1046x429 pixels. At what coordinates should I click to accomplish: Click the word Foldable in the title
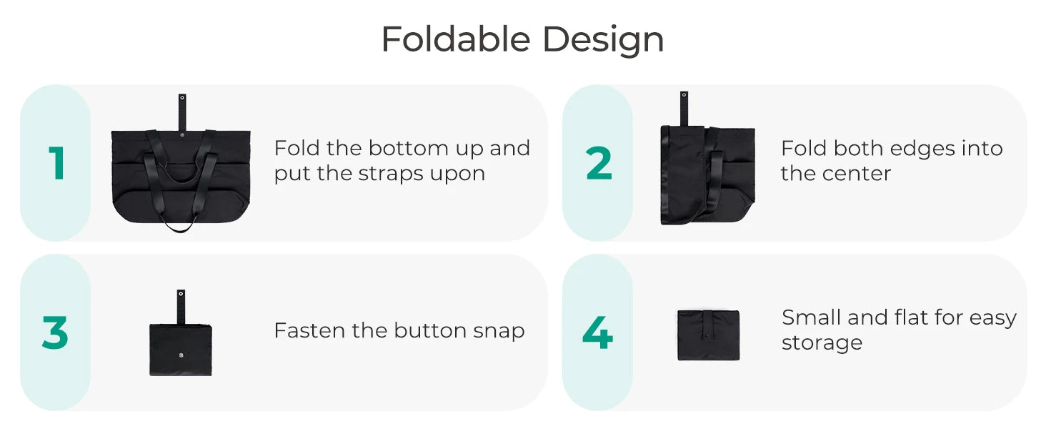tap(456, 39)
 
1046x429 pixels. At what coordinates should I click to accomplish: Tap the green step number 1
tap(57, 162)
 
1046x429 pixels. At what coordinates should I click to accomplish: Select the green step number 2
tap(599, 162)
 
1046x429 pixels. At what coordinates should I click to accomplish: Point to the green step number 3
tap(55, 332)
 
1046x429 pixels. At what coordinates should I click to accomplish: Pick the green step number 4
tap(598, 332)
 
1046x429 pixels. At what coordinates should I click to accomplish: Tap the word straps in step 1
tap(392, 174)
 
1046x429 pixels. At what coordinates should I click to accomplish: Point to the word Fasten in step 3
tap(309, 330)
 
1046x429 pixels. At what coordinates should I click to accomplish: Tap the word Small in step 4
tap(812, 317)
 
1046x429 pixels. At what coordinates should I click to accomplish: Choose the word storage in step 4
tap(822, 343)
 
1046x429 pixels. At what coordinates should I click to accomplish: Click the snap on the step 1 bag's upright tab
tap(182, 98)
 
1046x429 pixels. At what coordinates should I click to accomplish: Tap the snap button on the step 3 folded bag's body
tap(181, 355)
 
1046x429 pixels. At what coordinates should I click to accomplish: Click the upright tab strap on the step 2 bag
tap(684, 109)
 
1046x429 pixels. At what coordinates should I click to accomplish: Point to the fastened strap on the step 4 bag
tap(708, 326)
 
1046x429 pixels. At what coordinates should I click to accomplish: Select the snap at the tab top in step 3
tap(181, 294)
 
